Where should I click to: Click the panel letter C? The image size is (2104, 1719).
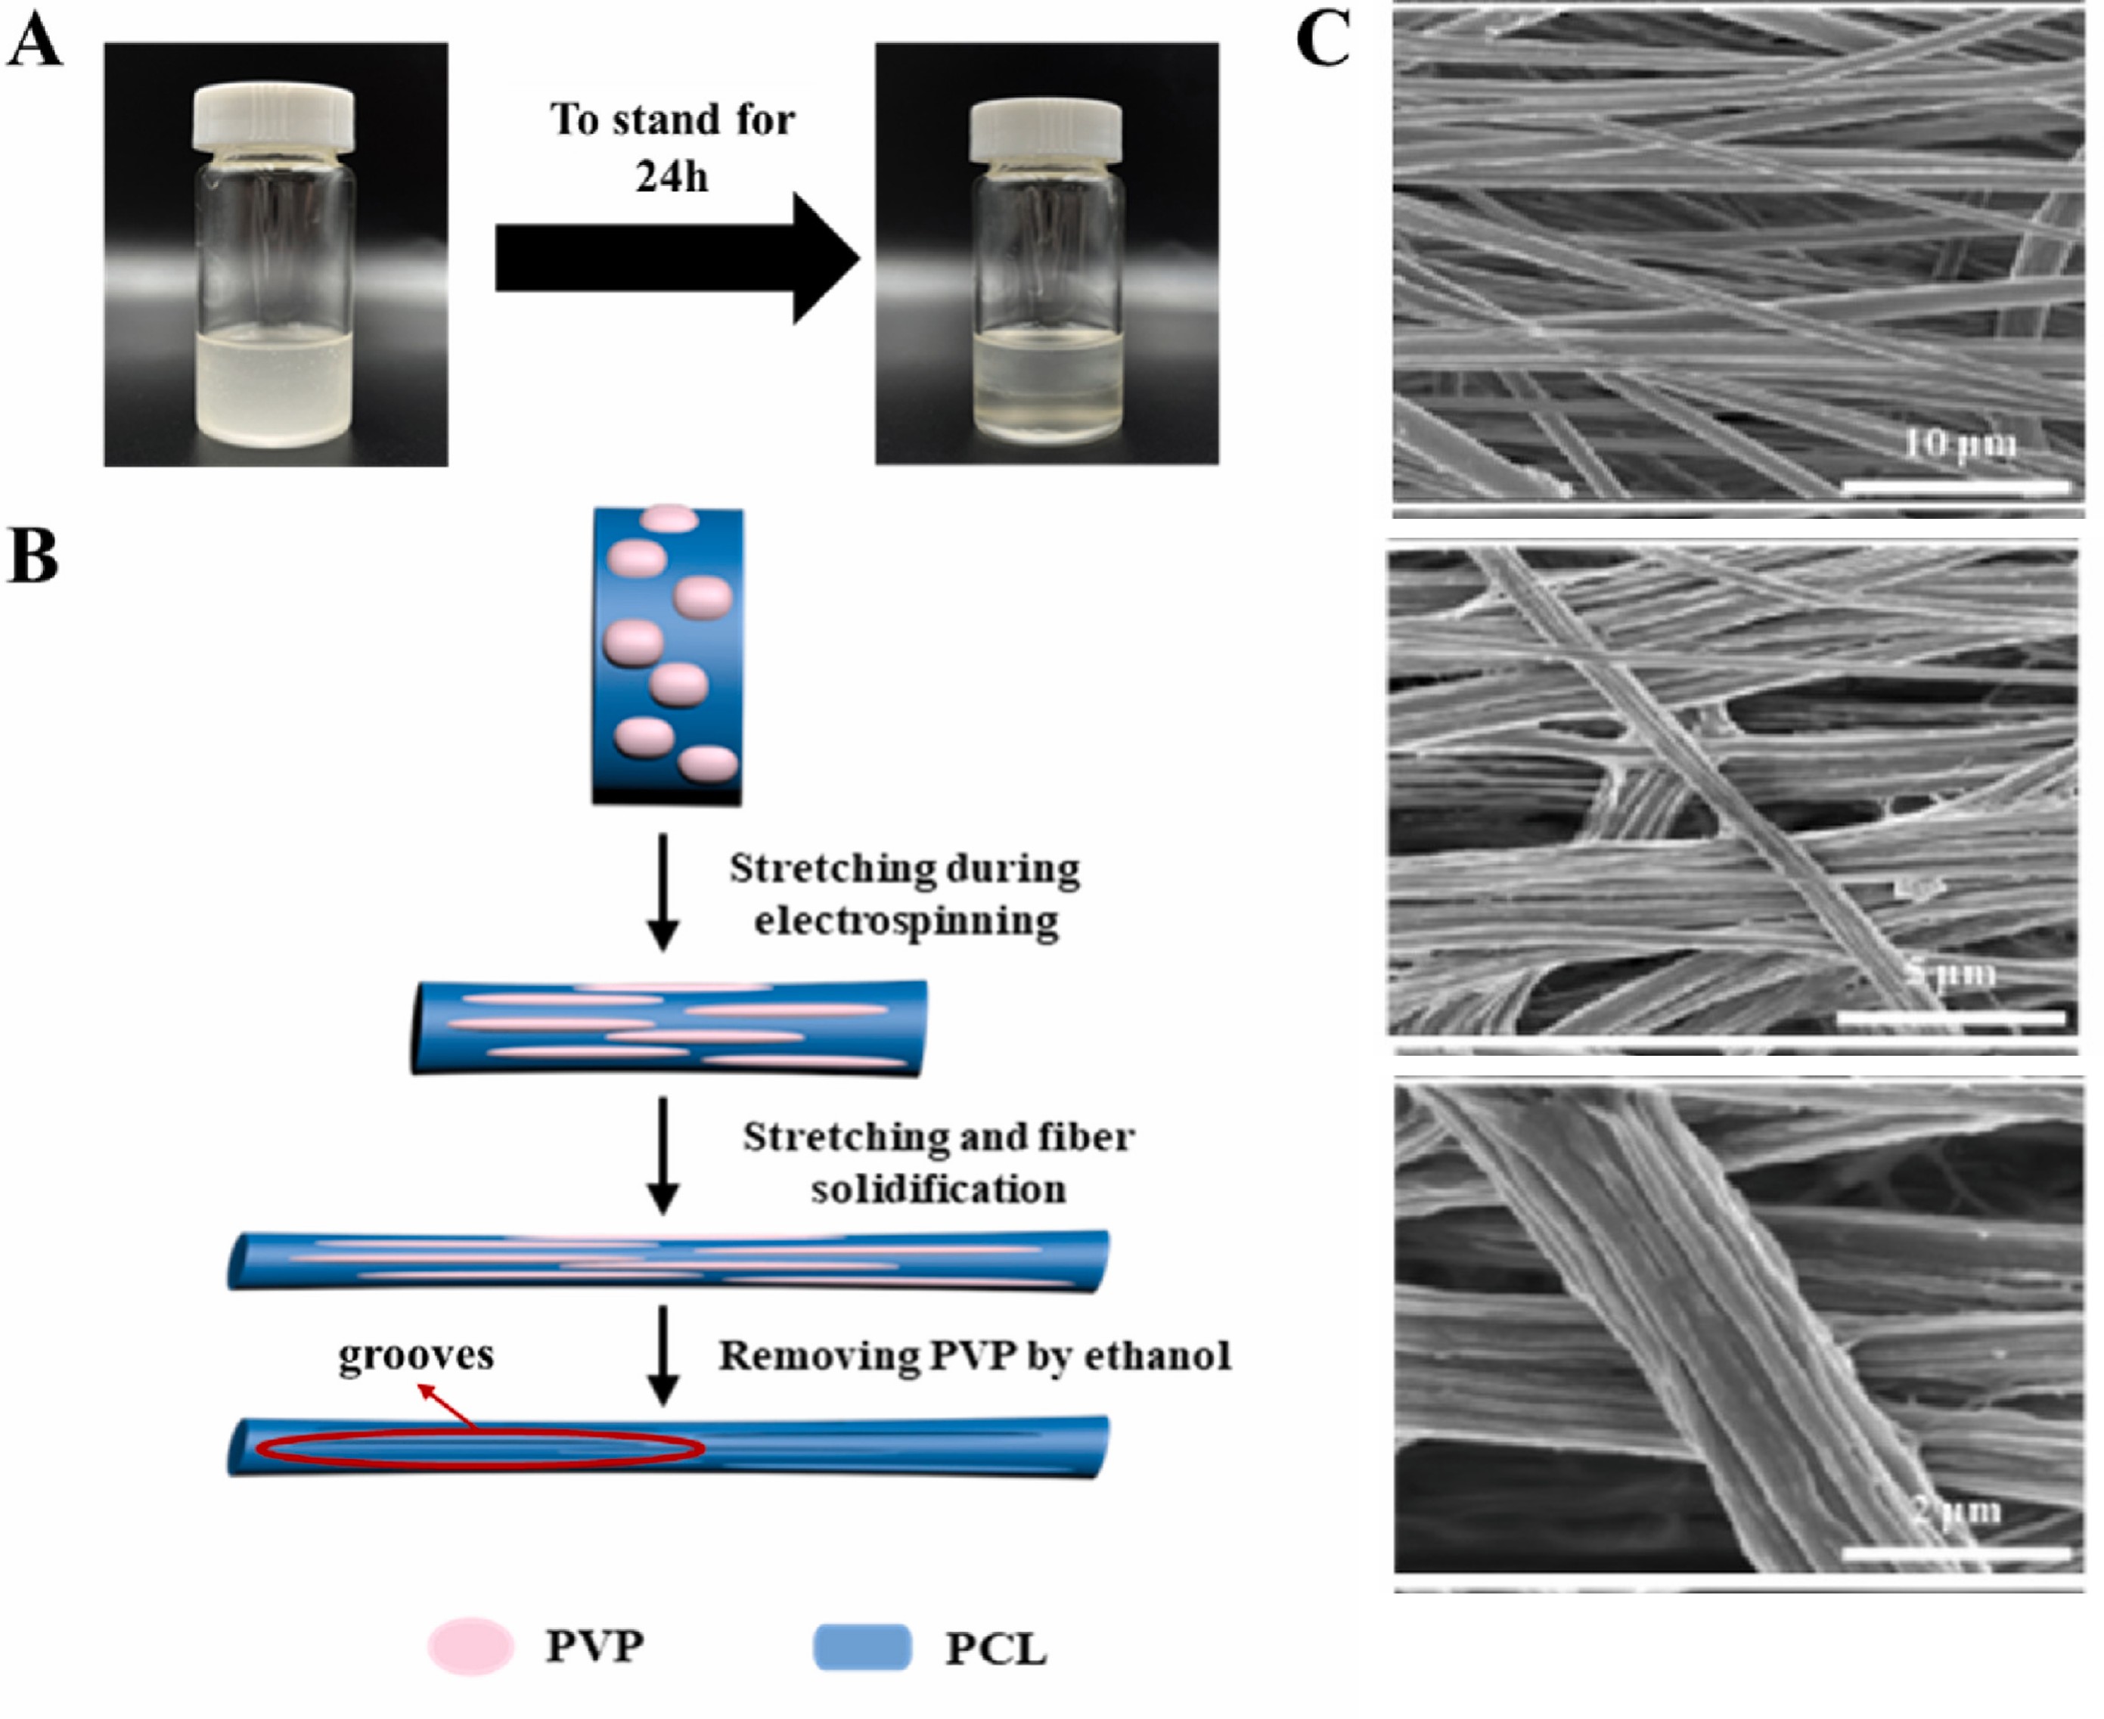click(x=1323, y=39)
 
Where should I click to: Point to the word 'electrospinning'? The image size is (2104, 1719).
click(x=906, y=921)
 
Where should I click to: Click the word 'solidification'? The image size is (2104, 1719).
click(x=938, y=1188)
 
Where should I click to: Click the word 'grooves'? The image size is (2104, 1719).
click(x=416, y=1354)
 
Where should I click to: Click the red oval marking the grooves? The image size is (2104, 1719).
click(x=480, y=1449)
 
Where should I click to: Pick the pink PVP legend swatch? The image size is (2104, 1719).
click(x=470, y=1646)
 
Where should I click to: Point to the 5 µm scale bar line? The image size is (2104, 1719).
click(x=1950, y=1017)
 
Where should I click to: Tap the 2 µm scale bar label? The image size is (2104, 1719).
click(x=1956, y=1510)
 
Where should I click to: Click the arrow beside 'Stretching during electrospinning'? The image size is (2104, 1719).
click(x=663, y=891)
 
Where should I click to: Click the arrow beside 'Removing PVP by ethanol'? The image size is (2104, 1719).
click(x=663, y=1354)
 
